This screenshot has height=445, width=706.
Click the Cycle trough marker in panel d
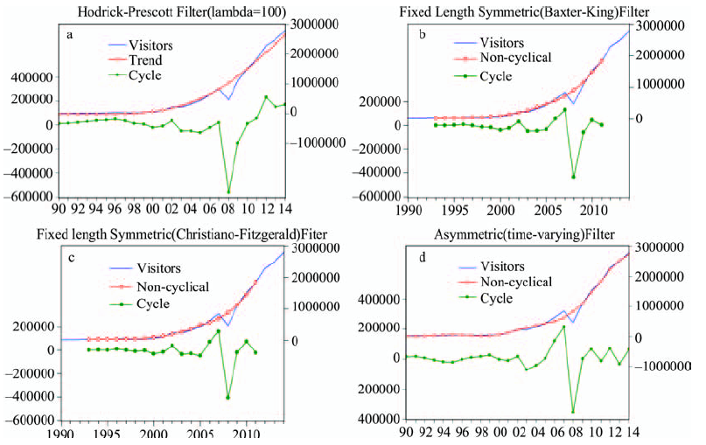coord(573,411)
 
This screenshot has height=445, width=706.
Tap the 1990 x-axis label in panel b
coord(409,212)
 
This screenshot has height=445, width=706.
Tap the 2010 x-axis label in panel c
coord(247,434)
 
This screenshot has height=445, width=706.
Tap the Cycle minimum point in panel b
coord(574,177)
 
